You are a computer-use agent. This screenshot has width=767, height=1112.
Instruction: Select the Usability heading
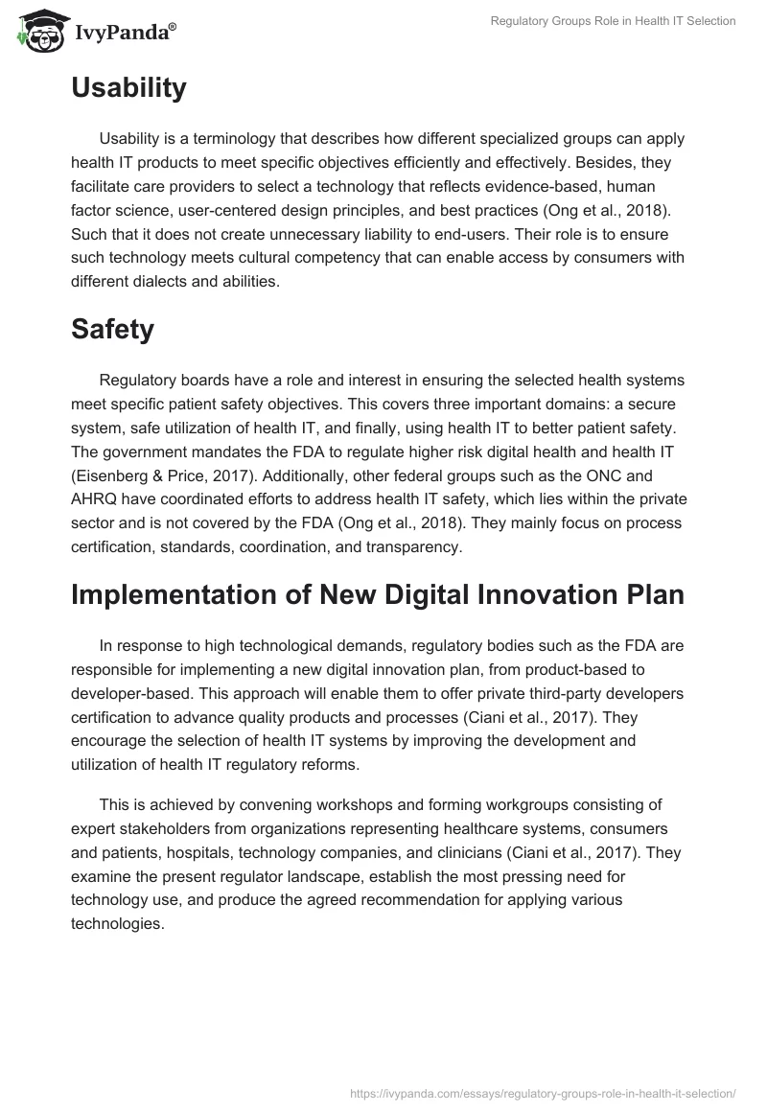[128, 88]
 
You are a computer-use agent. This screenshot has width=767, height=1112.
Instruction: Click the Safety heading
[112, 329]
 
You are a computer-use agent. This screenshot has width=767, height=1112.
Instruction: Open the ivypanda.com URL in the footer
[544, 1092]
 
